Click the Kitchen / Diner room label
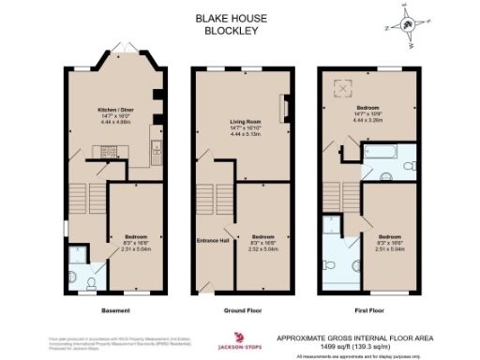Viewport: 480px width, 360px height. click(x=114, y=110)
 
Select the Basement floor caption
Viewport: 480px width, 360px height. click(x=114, y=308)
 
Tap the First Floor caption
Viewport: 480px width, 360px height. click(x=367, y=308)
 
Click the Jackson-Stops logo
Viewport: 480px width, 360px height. click(x=242, y=338)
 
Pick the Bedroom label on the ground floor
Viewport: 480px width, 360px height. click(x=262, y=236)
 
